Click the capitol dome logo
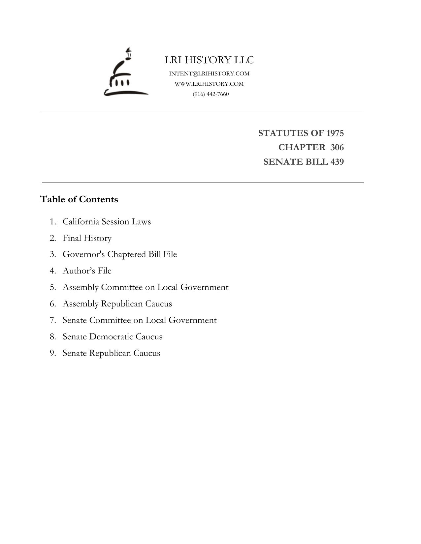(125, 72)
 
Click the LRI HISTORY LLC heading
(209, 60)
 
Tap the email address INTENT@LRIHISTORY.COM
(209, 73)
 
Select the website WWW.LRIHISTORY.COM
(209, 84)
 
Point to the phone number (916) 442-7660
(211, 94)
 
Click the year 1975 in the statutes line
(335, 133)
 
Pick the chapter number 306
(337, 147)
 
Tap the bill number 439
(337, 162)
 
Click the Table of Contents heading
(79, 199)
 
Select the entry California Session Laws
(107, 221)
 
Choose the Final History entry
(87, 238)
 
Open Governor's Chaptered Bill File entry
(120, 254)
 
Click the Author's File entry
(87, 271)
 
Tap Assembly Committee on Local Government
(145, 287)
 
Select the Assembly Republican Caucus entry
(117, 304)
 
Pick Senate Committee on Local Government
(140, 320)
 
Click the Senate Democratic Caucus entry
(113, 337)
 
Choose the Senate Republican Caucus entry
(111, 353)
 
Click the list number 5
(53, 287)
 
